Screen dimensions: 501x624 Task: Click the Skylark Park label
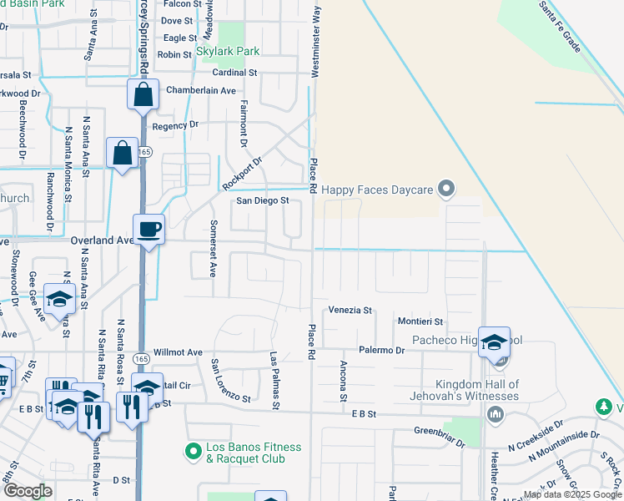click(228, 51)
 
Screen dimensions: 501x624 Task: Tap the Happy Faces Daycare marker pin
click(446, 190)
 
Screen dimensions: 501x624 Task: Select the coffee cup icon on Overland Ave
click(148, 229)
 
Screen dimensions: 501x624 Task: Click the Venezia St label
click(350, 310)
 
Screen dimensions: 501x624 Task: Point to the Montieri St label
click(420, 321)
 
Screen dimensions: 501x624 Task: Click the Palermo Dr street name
click(382, 351)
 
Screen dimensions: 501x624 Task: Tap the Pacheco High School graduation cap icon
click(494, 342)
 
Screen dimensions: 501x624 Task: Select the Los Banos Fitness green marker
click(193, 451)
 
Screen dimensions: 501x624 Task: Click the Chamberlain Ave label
click(201, 90)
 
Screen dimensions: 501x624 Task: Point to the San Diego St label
click(262, 200)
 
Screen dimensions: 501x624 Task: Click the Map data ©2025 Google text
click(572, 494)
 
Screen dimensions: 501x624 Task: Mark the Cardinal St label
click(235, 73)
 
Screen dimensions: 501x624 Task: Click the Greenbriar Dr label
click(439, 435)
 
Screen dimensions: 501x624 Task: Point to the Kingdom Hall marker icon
click(496, 413)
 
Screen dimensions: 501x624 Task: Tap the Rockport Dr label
click(242, 172)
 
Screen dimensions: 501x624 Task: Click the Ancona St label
click(343, 381)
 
